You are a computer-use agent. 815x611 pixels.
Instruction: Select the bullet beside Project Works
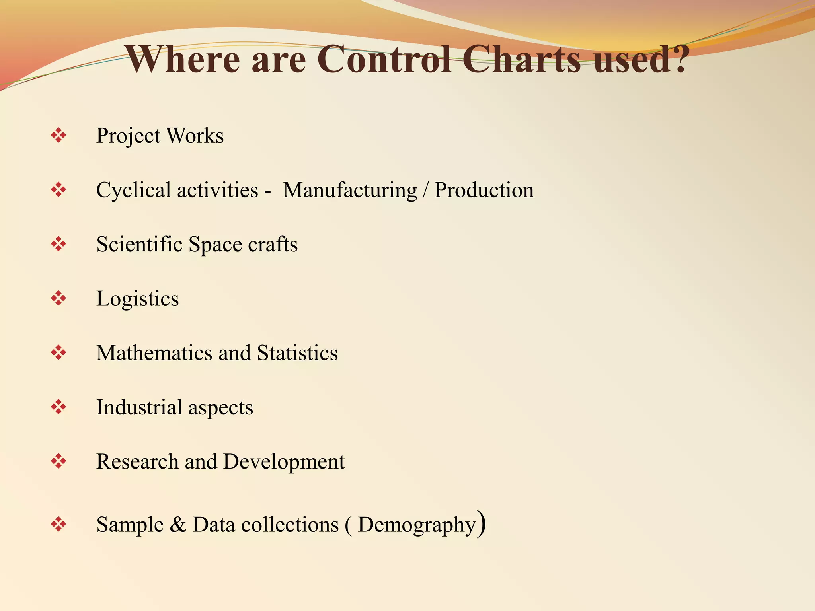coord(58,136)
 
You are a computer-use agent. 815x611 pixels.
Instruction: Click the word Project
coord(128,136)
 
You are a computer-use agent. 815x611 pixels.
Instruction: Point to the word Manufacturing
coord(350,190)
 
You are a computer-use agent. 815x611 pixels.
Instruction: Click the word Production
coord(484,190)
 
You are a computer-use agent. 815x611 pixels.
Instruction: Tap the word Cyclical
coord(133,190)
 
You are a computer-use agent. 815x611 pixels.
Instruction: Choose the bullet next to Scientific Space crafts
coord(58,244)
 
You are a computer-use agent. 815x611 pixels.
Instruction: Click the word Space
coord(215,245)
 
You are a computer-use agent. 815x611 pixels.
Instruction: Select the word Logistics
coord(137,299)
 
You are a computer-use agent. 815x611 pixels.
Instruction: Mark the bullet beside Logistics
coord(58,298)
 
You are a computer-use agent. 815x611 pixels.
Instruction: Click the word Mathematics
coord(154,353)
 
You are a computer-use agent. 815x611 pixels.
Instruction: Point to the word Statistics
coord(297,353)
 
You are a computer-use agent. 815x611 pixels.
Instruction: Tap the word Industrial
coord(139,407)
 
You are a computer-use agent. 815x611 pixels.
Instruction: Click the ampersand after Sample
coord(177,524)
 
